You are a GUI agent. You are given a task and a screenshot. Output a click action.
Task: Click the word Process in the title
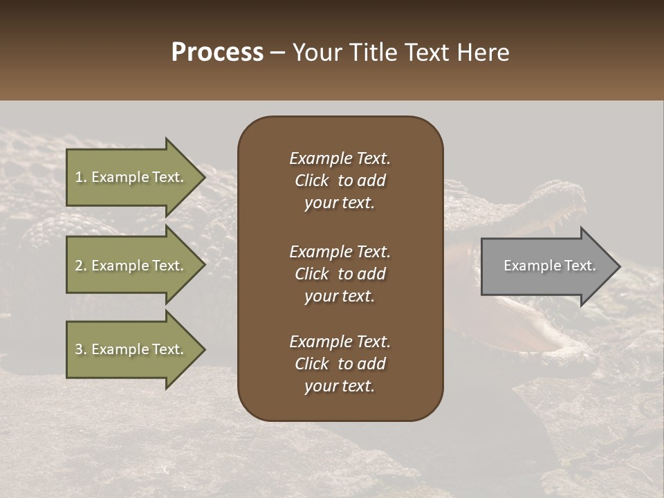[x=217, y=53]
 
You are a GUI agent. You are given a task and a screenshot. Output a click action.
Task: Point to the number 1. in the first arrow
[x=80, y=177]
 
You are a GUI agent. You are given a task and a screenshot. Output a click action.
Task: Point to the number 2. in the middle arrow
[x=80, y=266]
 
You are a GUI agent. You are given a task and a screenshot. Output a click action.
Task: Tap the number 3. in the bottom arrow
[x=80, y=349]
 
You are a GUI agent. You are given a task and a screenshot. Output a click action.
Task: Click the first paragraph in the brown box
[x=340, y=181]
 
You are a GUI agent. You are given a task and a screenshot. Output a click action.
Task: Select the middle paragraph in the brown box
[x=340, y=273]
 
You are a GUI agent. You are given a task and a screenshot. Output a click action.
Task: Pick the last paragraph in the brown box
[x=340, y=364]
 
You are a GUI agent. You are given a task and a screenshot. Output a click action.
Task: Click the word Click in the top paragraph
[x=312, y=181]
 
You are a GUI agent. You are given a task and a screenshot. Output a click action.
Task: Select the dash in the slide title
[x=277, y=53]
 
